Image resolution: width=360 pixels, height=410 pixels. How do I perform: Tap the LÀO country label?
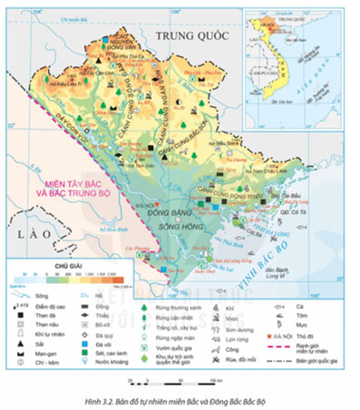[x=24, y=234]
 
